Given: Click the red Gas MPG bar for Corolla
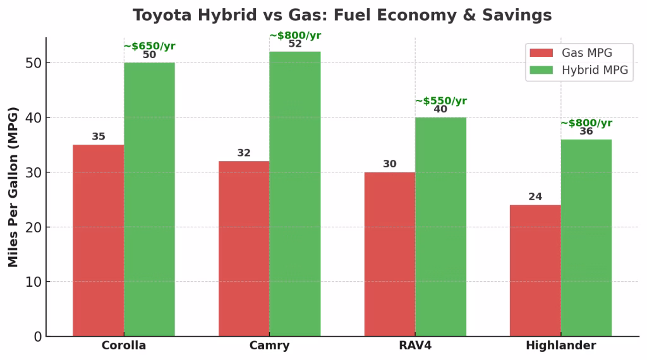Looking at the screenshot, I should [98, 240].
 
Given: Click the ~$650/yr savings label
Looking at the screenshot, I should [149, 46].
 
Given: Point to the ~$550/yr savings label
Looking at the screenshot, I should [440, 101].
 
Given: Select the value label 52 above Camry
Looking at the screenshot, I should [294, 44].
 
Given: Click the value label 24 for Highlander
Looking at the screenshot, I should [535, 197].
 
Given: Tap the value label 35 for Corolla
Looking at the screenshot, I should [99, 137].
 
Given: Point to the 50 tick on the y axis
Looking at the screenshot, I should [33, 63].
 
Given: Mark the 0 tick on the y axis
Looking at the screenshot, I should [38, 337].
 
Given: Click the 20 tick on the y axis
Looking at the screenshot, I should [33, 227].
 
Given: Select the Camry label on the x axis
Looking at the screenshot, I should [269, 346].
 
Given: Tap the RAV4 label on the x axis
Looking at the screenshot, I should [415, 346].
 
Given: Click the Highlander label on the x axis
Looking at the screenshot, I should [560, 346].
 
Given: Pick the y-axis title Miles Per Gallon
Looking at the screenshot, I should [13, 187].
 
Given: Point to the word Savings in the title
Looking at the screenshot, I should [520, 15].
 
